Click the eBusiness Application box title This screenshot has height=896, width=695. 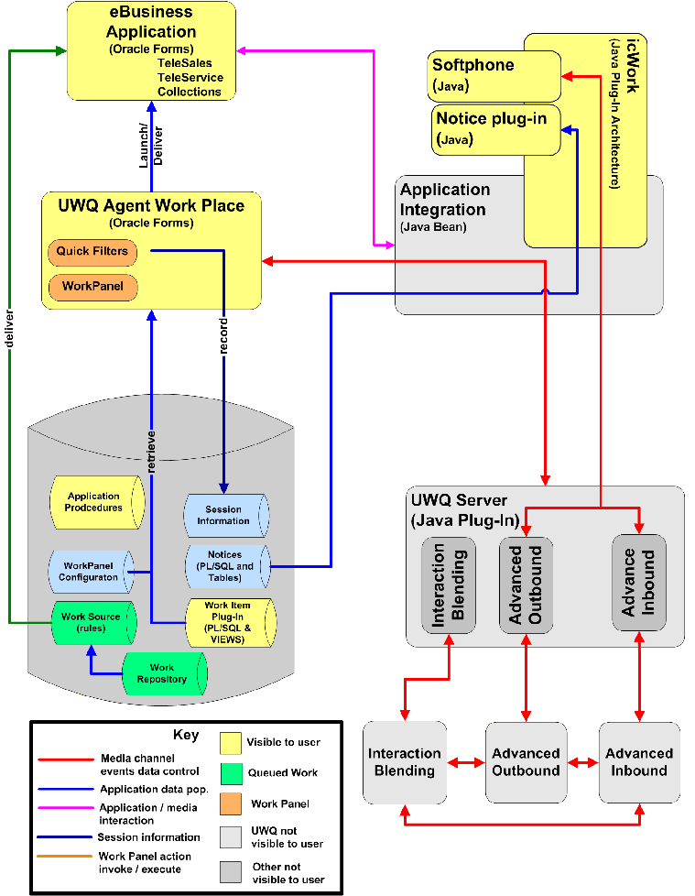coord(150,23)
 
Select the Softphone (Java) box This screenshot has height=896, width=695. coord(494,76)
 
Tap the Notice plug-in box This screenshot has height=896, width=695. coord(495,129)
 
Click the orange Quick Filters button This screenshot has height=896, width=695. coord(92,251)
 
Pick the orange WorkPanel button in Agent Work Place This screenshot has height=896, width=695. coord(92,287)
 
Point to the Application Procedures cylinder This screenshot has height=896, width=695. coord(96,502)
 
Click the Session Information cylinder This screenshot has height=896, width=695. coord(225,515)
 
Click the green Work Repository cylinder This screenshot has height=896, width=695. coord(164,673)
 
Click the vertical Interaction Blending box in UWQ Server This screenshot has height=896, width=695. coord(449,585)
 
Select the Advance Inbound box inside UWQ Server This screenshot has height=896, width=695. coord(638,583)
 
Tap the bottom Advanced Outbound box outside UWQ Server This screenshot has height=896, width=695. coord(526,762)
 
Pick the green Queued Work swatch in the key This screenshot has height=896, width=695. coord(232,773)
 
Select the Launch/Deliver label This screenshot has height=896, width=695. coord(150,145)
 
